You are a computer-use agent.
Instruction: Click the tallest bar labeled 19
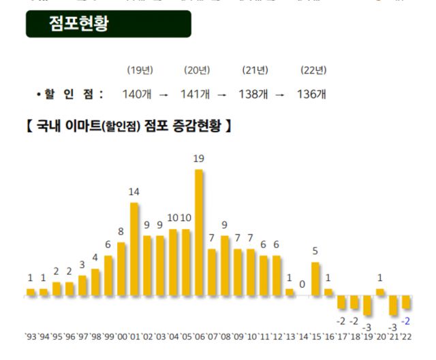pos(199,232)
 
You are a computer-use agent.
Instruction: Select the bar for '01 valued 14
pos(134,249)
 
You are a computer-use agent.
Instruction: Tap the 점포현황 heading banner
pos(109,24)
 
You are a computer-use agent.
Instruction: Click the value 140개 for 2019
pos(136,94)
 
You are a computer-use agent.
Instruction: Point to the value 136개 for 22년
pos(312,94)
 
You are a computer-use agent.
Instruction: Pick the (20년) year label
pos(196,70)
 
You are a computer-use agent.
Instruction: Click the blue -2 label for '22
pos(406,320)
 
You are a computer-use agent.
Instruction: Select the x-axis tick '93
pos(31,336)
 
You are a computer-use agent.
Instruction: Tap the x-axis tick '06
pos(199,336)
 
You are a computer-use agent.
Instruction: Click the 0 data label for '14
pos(302,283)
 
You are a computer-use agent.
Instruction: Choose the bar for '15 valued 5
pos(315,279)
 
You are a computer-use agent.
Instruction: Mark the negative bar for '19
pos(367,305)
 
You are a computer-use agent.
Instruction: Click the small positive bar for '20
pos(380,292)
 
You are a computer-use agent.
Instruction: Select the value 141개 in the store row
pos(195,94)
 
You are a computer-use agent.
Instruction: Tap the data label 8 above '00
pos(121,231)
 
